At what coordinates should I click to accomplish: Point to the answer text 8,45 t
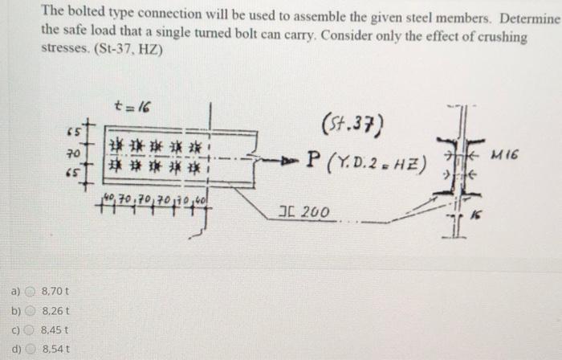point(54,329)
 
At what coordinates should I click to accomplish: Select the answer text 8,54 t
point(54,348)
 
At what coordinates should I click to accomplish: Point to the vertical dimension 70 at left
point(71,153)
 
